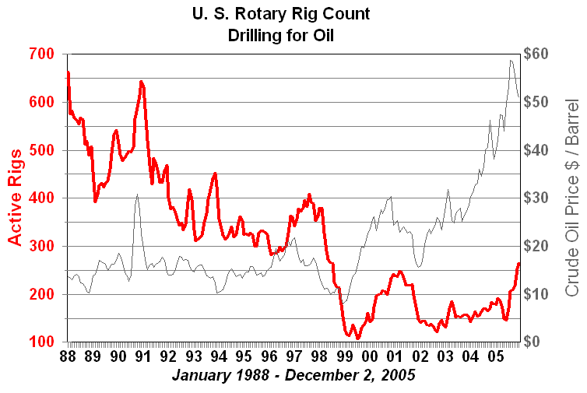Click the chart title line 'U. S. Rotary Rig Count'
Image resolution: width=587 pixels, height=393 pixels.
tap(293, 14)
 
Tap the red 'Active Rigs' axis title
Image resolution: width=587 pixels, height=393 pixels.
tap(16, 198)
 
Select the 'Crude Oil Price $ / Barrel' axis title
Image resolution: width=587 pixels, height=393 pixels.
tap(572, 198)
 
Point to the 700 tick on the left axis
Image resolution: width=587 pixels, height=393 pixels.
tap(42, 54)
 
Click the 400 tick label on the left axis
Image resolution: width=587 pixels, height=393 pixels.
tap(42, 198)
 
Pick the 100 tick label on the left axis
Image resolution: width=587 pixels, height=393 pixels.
tap(42, 342)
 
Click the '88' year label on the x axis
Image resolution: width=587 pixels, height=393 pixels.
tap(68, 357)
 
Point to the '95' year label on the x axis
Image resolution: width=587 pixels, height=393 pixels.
tap(244, 357)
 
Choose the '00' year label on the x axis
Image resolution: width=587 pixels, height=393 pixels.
tap(370, 357)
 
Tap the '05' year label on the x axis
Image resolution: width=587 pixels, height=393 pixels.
tap(495, 357)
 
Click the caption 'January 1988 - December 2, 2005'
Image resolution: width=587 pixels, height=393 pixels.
tap(293, 375)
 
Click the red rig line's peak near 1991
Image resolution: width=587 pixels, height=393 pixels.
tap(141, 81)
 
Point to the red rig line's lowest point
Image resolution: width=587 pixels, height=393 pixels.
tap(358, 339)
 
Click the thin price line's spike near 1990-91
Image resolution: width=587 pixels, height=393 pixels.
tap(137, 195)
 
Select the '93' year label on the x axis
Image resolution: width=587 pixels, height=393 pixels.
tap(193, 357)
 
